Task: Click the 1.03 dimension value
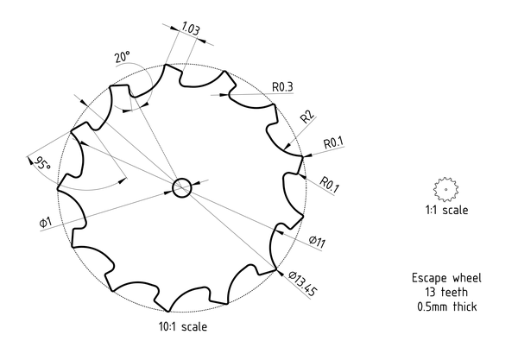pos(191,28)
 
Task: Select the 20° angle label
pos(123,57)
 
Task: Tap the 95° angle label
pos(42,163)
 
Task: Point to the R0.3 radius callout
pos(282,87)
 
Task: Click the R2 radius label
pos(307,117)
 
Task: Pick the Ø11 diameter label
pos(317,242)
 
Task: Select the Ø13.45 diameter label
pos(302,283)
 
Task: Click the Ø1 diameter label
pos(46,222)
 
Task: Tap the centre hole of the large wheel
pos(181,187)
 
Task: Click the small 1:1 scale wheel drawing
pos(445,190)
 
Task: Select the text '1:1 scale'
pos(446,210)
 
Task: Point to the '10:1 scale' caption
pos(183,326)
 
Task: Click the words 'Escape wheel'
pos(446,278)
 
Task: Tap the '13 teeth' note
pos(446,293)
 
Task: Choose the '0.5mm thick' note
pos(447,306)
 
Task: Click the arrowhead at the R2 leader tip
pos(287,146)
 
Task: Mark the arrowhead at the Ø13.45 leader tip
pos(279,272)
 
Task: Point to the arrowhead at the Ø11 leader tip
pos(279,232)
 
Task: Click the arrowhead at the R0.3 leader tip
pos(224,95)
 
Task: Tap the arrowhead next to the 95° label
pos(30,161)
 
